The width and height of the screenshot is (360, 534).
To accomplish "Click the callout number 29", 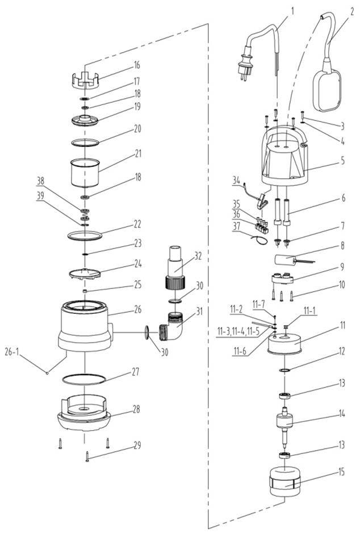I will tap(137, 446).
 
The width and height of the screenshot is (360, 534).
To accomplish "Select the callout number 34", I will tap(236, 181).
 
